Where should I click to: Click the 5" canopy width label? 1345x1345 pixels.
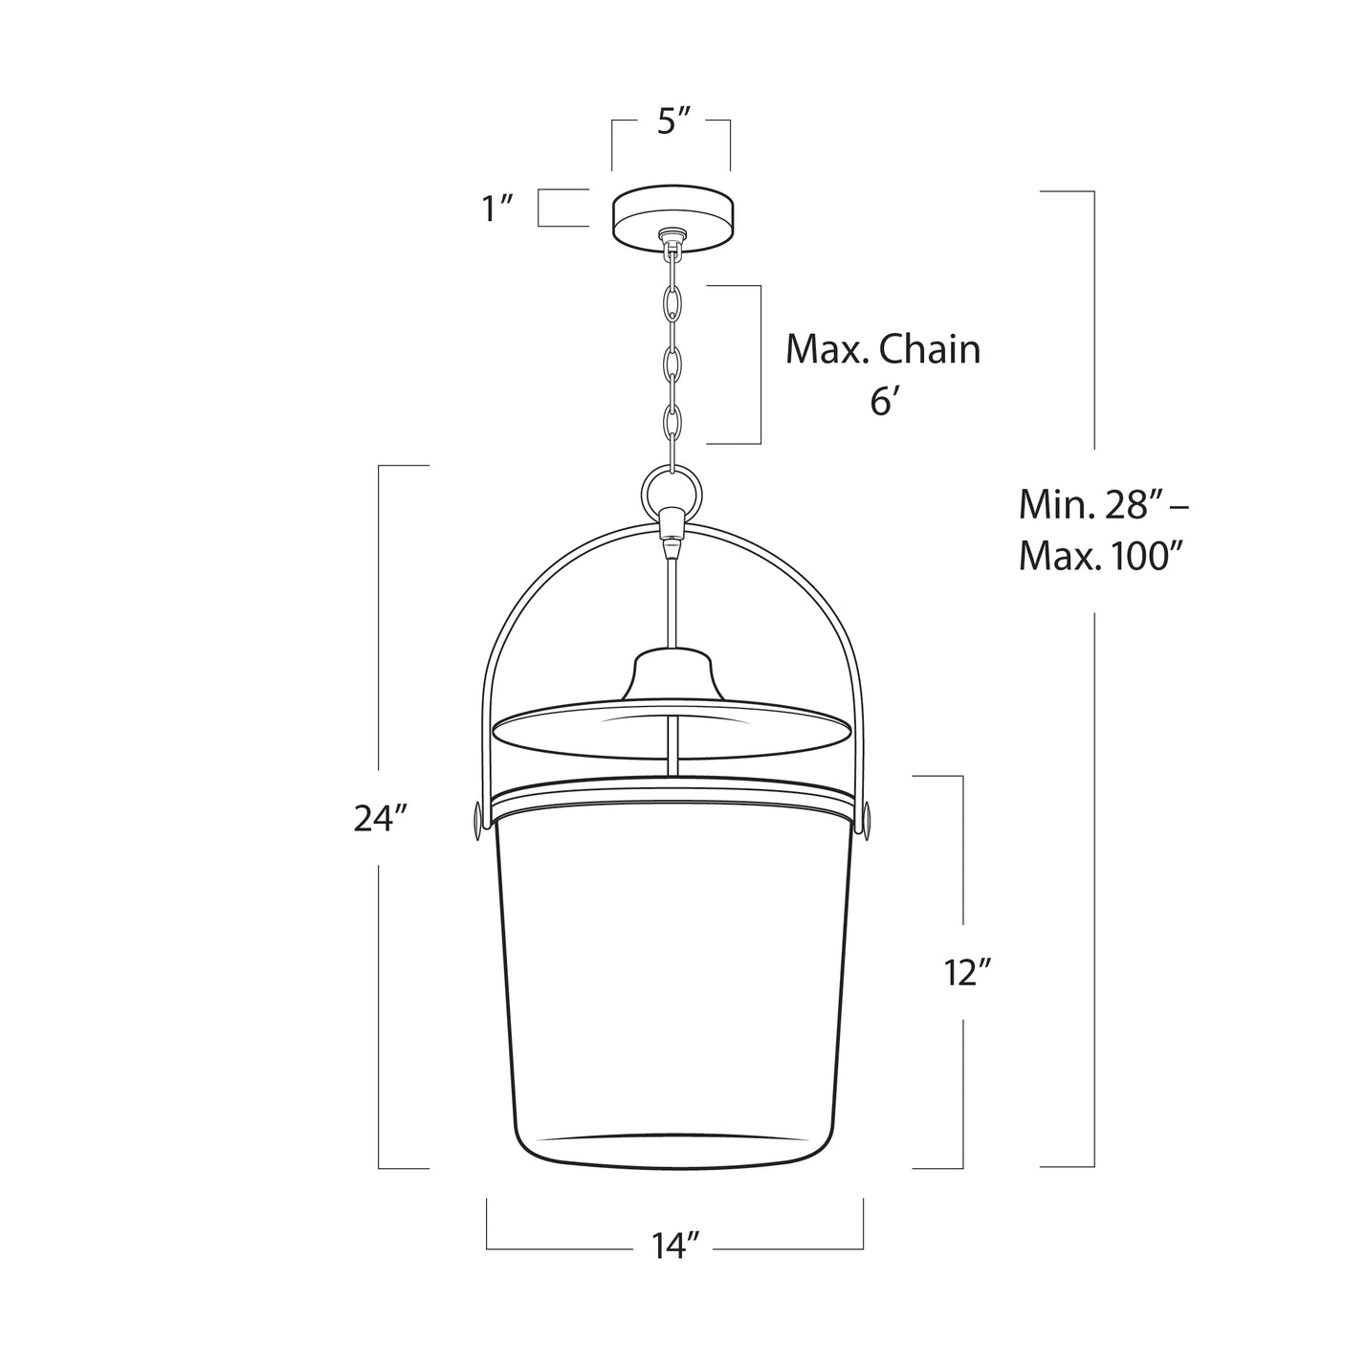(673, 122)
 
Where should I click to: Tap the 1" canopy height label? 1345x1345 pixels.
(498, 207)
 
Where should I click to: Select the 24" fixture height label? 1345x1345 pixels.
(381, 819)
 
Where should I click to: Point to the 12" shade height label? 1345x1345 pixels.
(962, 973)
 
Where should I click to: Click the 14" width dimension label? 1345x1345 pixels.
(675, 1246)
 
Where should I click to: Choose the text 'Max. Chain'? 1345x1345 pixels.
(882, 350)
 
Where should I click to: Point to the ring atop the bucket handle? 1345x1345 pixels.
(673, 490)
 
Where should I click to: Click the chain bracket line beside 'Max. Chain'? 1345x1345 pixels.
(760, 364)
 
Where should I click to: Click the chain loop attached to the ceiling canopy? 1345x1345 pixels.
(673, 251)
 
